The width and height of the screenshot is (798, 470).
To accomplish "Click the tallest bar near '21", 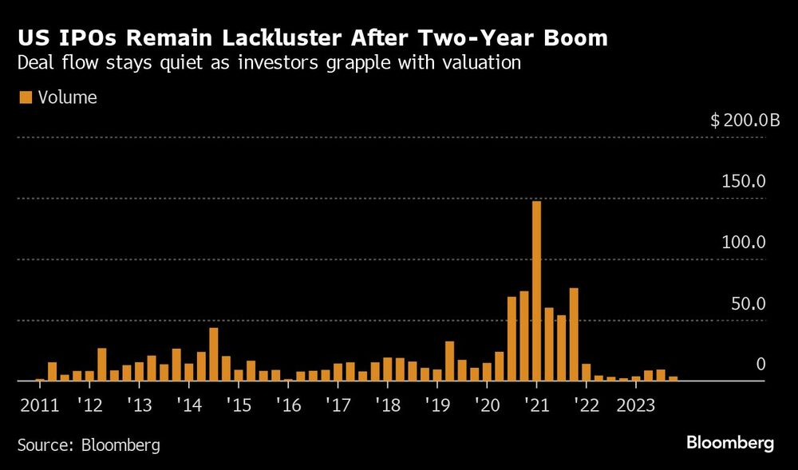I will (x=536, y=291).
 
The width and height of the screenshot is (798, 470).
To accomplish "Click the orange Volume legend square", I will (x=26, y=97).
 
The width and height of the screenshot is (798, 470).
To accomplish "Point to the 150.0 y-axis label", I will (x=744, y=182).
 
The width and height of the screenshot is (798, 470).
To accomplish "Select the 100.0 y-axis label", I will (x=744, y=243).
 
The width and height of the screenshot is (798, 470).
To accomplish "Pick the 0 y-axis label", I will (x=760, y=365).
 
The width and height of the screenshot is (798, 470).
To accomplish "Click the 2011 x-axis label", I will (x=39, y=403).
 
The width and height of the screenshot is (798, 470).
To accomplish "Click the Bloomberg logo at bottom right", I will (x=729, y=443).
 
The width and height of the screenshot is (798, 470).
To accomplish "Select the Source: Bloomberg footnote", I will (x=89, y=444).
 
